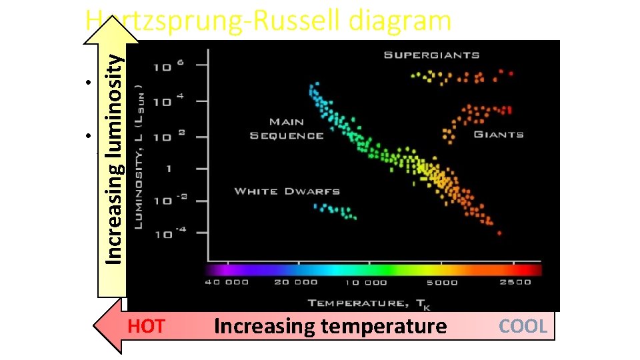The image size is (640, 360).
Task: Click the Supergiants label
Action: [431, 55]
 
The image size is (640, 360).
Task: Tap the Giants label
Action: [498, 135]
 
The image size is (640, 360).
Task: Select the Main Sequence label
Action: [287, 129]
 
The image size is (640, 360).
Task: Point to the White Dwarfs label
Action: [287, 191]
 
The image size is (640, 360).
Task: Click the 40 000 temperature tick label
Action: [227, 282]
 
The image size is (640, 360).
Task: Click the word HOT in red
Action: [146, 327]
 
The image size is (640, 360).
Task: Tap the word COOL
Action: [523, 327]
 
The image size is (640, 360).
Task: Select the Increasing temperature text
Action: [330, 327]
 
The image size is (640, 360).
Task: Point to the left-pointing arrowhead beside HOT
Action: [107, 326]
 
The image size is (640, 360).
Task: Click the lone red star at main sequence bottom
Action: [500, 233]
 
